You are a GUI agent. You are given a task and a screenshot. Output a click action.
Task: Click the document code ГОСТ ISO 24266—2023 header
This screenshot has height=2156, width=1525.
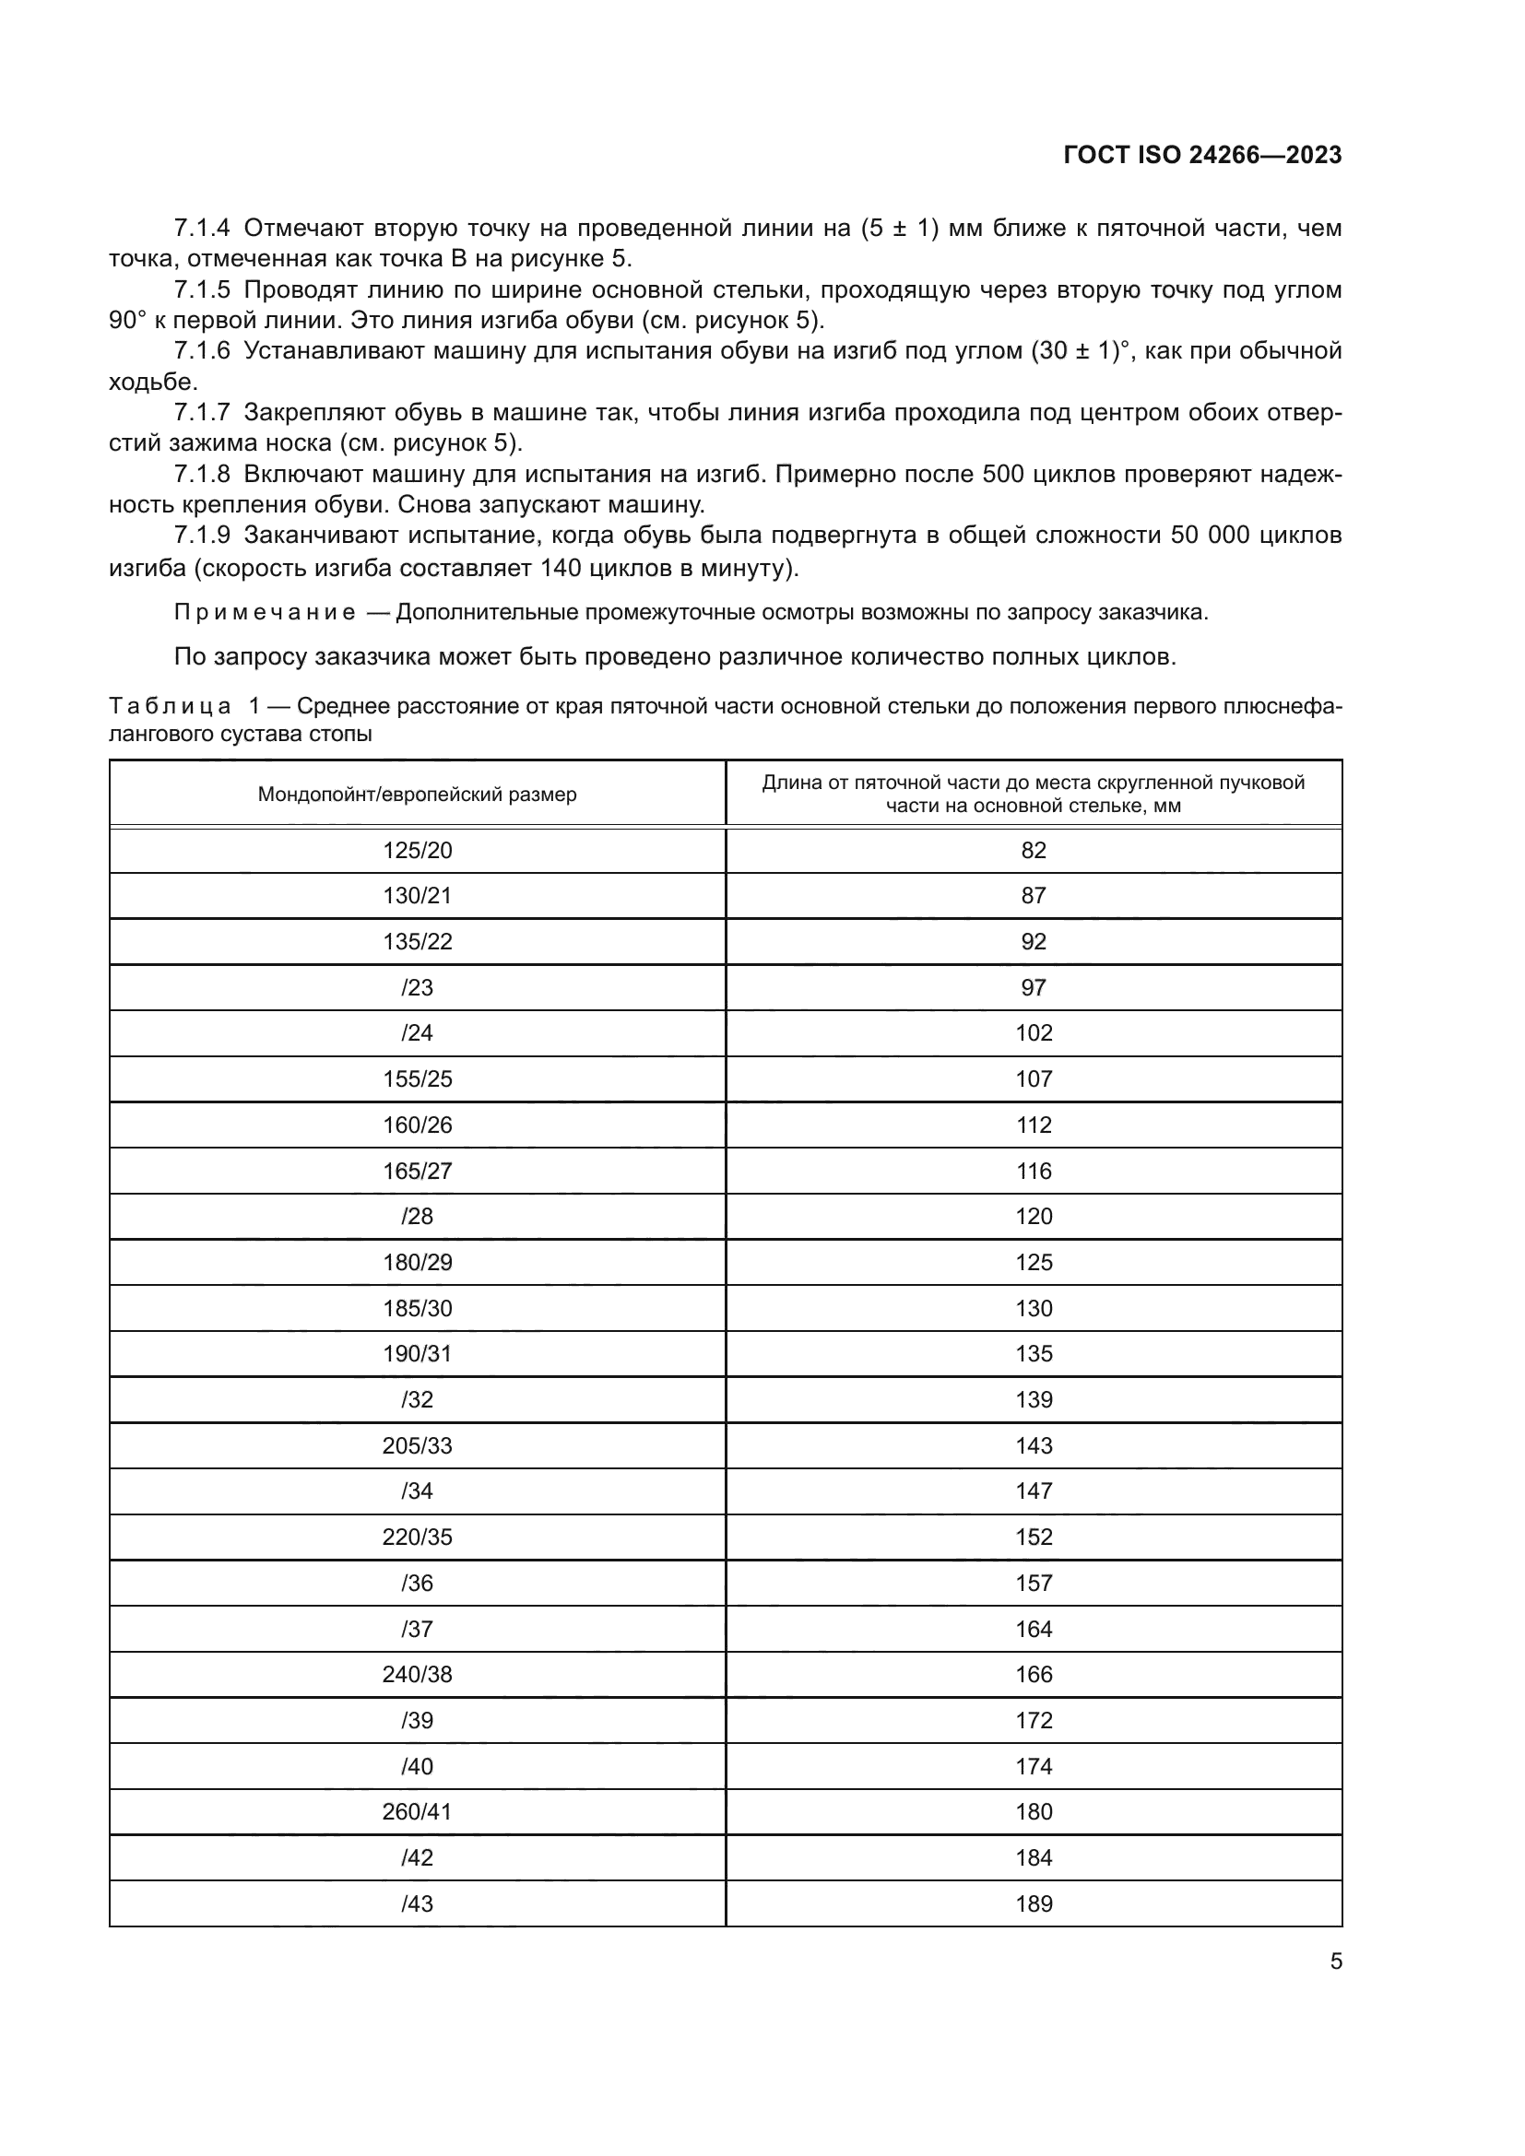(1202, 156)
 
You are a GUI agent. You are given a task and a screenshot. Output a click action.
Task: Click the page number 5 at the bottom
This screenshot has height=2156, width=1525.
(1335, 1962)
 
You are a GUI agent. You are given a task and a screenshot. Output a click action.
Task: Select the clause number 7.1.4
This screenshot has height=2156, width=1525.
(202, 229)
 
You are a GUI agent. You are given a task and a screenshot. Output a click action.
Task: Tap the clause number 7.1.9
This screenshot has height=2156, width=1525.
(202, 536)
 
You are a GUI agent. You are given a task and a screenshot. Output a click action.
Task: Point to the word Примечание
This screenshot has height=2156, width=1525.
(265, 613)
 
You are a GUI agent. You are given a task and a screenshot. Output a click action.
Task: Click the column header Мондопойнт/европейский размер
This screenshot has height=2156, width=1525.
(417, 795)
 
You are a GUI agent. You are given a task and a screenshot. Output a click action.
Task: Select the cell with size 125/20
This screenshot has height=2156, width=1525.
(417, 851)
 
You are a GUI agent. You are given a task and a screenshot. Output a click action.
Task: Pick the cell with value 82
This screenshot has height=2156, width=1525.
(1033, 851)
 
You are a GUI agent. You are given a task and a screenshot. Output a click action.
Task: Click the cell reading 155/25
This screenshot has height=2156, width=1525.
(417, 1079)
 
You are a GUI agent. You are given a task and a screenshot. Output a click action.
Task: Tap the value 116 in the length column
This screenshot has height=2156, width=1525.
(1033, 1171)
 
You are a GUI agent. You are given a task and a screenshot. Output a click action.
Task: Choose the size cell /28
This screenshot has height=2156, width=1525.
(417, 1217)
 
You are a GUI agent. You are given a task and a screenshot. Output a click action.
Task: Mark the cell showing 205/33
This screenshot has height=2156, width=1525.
(417, 1446)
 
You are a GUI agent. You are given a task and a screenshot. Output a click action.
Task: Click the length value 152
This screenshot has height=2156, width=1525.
(1033, 1537)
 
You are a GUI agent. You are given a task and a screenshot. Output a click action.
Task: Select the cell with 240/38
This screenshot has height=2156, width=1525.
(417, 1674)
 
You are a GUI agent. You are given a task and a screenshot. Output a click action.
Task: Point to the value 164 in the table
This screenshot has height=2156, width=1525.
(1033, 1629)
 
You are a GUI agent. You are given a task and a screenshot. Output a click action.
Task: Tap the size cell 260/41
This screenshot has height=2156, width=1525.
(417, 1811)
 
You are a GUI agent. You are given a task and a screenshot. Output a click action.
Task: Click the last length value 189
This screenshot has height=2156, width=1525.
(1033, 1903)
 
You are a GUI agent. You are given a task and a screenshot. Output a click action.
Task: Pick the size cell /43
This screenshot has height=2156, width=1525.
(417, 1903)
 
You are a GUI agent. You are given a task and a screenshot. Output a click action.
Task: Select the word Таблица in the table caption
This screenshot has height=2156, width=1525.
(170, 706)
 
